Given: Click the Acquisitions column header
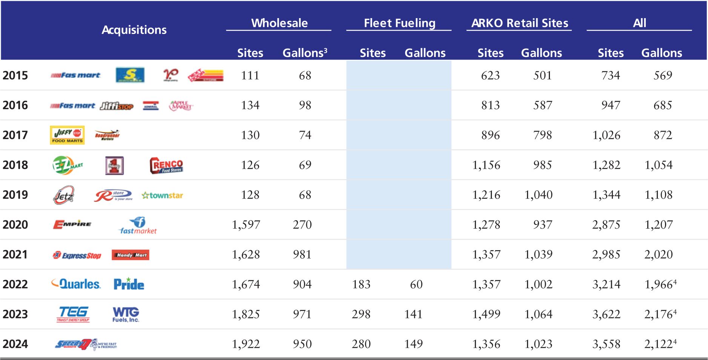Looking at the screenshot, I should (x=134, y=30).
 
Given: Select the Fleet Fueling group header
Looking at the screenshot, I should (x=399, y=23).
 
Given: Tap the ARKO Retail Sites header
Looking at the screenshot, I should (x=519, y=23).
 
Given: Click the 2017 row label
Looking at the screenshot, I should (x=15, y=135).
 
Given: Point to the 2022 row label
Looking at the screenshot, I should (x=15, y=284).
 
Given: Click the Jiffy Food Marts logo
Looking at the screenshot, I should (x=67, y=135).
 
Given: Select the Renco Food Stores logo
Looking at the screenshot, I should (x=166, y=165).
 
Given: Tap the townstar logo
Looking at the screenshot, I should (x=162, y=195).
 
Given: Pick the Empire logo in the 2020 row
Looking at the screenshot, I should (x=72, y=225).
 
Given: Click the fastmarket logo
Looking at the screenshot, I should (x=138, y=226).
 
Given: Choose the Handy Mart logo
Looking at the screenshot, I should (x=131, y=255).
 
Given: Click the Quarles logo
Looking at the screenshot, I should (x=76, y=284).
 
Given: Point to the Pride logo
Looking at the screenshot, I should (x=129, y=284).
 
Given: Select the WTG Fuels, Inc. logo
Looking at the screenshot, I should (x=126, y=314).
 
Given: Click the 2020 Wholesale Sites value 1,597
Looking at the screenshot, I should (x=246, y=225).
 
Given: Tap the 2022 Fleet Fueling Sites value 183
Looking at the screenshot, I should (x=361, y=285).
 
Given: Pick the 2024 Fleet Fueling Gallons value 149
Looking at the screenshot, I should (x=413, y=344).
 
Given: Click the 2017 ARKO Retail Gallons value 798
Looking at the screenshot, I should (x=542, y=135).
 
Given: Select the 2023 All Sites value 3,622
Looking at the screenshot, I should (x=606, y=314).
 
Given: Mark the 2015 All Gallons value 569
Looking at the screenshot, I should (x=663, y=75).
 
